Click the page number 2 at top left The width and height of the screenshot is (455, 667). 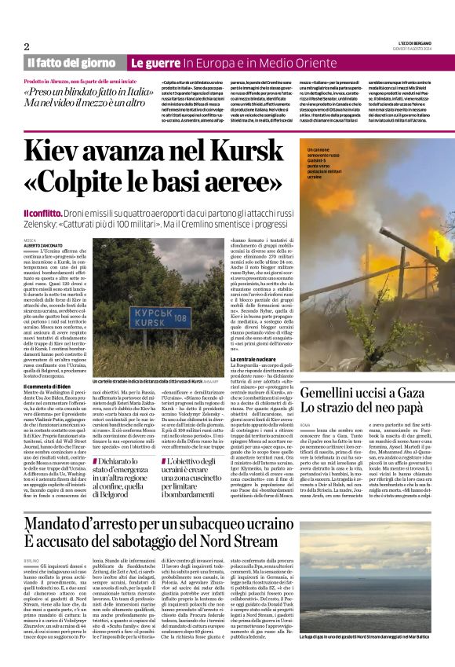click(26, 46)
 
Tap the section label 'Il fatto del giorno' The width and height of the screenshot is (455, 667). click(71, 62)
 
